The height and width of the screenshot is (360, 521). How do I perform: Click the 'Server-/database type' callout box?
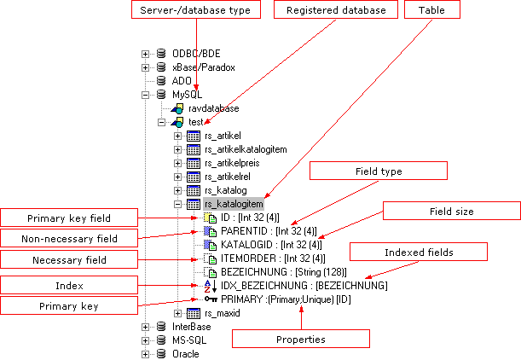[x=196, y=9]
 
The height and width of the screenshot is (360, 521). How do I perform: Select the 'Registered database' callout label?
[x=336, y=9]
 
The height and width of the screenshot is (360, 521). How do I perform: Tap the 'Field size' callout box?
[x=452, y=211]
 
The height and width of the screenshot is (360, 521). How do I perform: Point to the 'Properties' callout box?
[x=301, y=339]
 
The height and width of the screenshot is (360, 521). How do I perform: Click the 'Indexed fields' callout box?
[x=419, y=252]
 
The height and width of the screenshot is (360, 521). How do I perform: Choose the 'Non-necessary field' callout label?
[x=69, y=238]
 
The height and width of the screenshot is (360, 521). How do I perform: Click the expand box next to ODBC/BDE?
[x=145, y=54]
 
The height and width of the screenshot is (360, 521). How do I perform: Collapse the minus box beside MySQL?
[x=145, y=95]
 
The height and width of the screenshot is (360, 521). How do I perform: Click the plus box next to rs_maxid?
[x=177, y=313]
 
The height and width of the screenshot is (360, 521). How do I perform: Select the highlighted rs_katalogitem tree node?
[x=234, y=204]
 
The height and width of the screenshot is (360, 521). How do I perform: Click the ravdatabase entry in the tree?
[x=214, y=108]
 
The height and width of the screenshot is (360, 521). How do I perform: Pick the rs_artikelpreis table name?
[x=232, y=163]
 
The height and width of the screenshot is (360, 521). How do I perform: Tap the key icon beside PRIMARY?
[x=211, y=299]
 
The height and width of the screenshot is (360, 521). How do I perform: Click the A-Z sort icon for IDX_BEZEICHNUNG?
[x=211, y=286]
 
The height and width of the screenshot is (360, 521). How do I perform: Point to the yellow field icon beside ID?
[x=211, y=218]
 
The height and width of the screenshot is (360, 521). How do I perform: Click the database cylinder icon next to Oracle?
[x=161, y=354]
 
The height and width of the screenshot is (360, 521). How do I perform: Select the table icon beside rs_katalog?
[x=194, y=190]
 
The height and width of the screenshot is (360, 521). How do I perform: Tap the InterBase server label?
[x=191, y=327]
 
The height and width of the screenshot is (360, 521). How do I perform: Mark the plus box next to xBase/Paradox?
[x=145, y=67]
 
